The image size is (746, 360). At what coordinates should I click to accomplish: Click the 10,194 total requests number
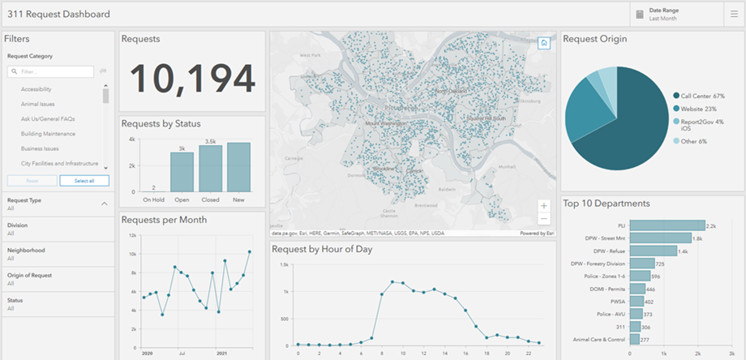[192, 78]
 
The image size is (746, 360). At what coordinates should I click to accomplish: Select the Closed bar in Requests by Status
[210, 168]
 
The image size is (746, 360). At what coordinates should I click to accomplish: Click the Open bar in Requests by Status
[182, 171]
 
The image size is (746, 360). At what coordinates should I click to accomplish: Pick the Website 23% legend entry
[699, 109]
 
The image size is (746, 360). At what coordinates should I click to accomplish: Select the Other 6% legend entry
[695, 141]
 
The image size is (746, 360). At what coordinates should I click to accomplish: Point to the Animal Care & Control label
[598, 340]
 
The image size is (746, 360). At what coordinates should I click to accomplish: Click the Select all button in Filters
[84, 180]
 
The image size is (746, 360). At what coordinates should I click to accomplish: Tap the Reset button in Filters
[32, 180]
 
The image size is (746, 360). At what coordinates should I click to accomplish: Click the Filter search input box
[51, 71]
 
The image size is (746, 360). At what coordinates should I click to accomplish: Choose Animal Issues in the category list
[39, 104]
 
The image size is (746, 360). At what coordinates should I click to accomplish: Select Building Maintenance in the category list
[48, 134]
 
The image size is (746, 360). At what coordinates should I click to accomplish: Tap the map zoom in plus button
[543, 206]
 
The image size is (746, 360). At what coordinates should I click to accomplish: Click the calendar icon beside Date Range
[640, 14]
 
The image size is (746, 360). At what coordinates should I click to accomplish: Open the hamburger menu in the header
[734, 14]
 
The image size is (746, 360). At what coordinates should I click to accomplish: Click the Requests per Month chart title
[164, 220]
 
